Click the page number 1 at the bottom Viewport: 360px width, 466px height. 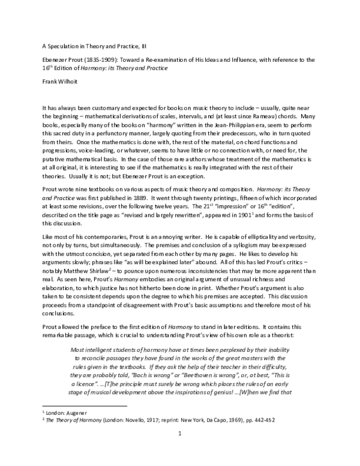tap(179, 448)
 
